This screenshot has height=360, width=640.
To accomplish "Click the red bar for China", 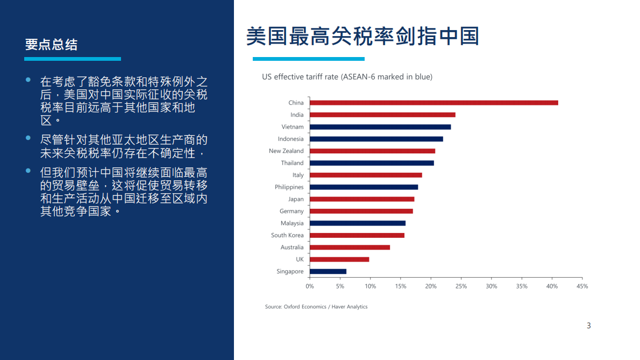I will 433,103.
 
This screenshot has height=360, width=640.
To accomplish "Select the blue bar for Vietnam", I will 380,127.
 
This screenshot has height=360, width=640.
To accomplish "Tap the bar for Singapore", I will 328,272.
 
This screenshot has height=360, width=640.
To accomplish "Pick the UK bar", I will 339,259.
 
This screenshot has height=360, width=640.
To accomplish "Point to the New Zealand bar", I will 372,151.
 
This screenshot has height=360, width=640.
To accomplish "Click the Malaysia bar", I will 358,223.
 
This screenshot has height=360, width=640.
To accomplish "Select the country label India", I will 297,115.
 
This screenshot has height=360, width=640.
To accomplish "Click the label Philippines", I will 289,187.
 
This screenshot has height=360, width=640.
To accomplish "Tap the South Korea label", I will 287,235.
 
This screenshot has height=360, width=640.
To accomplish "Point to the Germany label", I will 291,211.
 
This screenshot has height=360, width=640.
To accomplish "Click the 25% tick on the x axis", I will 461,286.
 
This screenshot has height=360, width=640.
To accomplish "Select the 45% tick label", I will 582,286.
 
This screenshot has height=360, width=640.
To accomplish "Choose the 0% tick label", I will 310,286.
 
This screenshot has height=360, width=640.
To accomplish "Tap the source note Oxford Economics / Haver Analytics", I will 316,307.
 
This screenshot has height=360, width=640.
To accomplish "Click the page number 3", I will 588,326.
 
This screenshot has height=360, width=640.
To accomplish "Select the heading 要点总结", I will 51,45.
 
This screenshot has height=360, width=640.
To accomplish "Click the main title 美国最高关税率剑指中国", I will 362,36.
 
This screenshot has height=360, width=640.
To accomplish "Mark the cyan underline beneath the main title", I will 309,59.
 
